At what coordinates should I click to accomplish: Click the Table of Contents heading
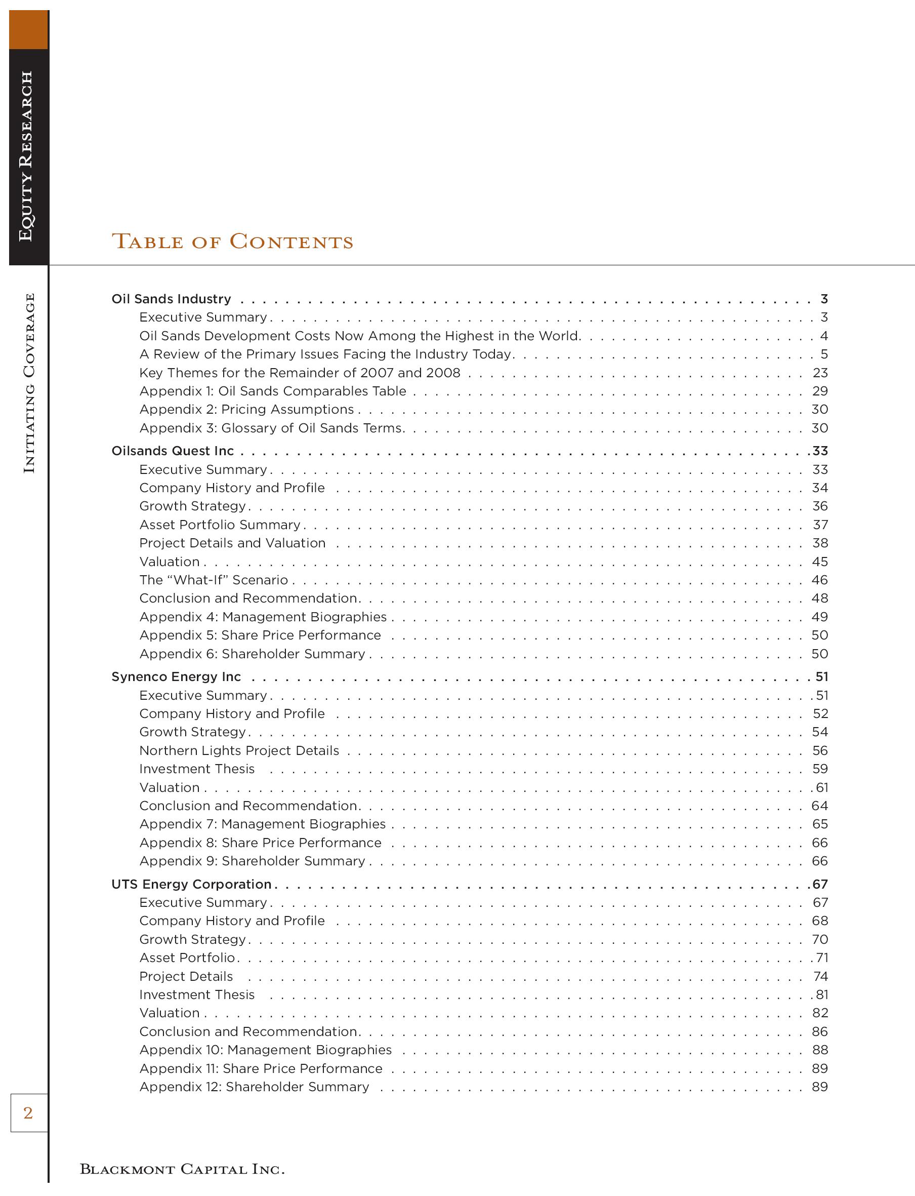[x=233, y=242]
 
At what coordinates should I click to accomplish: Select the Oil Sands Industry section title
[x=171, y=299]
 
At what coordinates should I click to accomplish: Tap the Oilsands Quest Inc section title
[x=173, y=451]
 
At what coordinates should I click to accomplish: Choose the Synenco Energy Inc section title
[x=176, y=676]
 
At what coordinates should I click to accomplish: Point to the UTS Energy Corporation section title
[x=191, y=884]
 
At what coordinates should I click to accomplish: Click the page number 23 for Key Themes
[x=820, y=373]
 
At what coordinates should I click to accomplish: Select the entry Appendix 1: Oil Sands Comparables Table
[x=272, y=391]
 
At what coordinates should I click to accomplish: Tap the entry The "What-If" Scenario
[x=214, y=580]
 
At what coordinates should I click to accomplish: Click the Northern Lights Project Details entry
[x=239, y=750]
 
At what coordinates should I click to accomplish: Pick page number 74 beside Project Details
[x=820, y=976]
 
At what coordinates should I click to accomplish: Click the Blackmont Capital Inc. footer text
[x=182, y=1169]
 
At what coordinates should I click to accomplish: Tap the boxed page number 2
[x=28, y=1112]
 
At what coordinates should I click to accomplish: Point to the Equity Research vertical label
[x=26, y=156]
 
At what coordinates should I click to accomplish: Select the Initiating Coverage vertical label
[x=29, y=383]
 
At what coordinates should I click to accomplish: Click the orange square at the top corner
[x=28, y=29]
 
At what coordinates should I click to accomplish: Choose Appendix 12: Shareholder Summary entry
[x=254, y=1087]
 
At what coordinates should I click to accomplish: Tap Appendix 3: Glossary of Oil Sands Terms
[x=271, y=428]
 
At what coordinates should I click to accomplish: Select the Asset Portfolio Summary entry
[x=220, y=524]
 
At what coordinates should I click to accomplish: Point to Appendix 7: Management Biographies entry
[x=263, y=824]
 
